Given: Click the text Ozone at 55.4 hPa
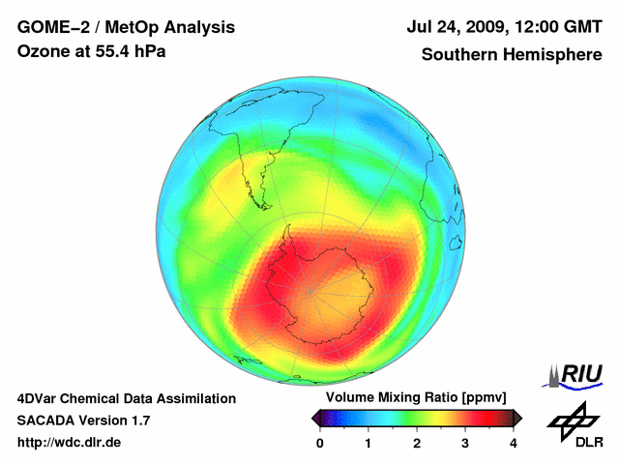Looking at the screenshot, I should (x=92, y=51).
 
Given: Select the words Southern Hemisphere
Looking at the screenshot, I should (x=511, y=55).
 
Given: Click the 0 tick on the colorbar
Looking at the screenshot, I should (x=320, y=442).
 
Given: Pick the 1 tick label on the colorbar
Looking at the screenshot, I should (x=368, y=442).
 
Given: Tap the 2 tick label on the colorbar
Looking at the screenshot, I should (x=417, y=442).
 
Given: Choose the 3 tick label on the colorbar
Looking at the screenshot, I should (x=465, y=442).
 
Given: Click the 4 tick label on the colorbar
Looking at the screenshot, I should (x=514, y=442).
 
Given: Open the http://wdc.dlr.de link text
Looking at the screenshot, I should (x=70, y=443).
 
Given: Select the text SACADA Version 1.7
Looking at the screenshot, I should (x=83, y=420).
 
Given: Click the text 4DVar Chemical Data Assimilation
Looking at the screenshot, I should (x=127, y=398).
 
